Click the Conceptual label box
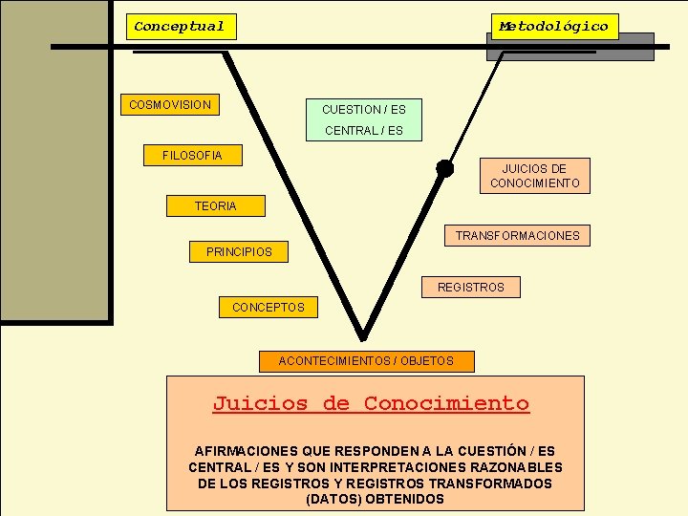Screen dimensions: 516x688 point(181,27)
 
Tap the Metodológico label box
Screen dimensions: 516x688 point(554,27)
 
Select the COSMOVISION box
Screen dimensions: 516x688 point(170,104)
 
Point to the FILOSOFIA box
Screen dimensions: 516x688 point(192,155)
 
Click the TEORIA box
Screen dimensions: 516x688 point(215,205)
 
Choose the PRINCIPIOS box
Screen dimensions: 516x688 point(239,252)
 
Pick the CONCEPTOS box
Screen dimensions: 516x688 point(269,307)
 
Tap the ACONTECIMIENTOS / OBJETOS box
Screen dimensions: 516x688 point(366,361)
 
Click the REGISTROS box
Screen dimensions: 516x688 point(471,287)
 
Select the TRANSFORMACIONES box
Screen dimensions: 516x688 point(517,235)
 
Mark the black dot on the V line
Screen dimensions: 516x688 point(444,168)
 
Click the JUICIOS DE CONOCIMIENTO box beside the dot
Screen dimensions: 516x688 point(535,176)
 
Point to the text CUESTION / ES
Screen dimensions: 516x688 point(364,110)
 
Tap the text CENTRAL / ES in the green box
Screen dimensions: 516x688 point(364,131)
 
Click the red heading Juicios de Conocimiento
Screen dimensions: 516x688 point(371,403)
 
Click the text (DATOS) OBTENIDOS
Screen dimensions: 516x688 point(375,499)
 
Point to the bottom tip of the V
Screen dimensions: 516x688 point(362,336)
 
